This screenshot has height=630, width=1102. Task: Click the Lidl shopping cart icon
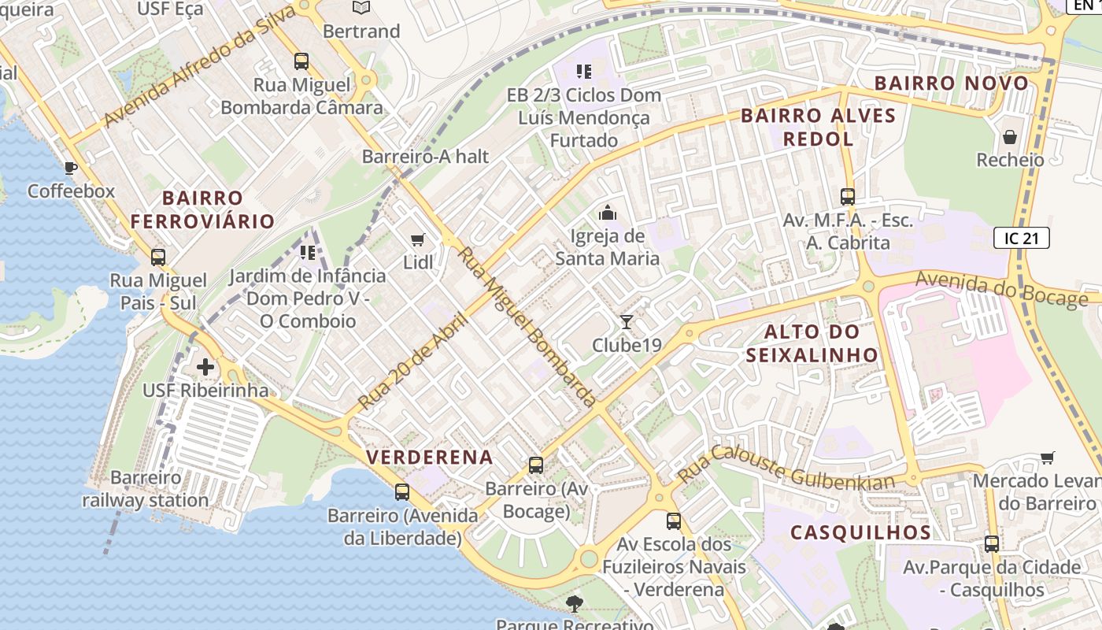coord(418,239)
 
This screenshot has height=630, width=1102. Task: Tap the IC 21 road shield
coord(1021,238)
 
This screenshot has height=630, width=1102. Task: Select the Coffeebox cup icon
coord(71,168)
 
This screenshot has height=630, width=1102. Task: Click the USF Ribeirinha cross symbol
coord(205,367)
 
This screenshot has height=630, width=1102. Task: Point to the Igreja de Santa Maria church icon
coord(607,213)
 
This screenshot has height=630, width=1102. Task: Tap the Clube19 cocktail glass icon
coord(626,321)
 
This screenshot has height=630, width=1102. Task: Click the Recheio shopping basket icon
coord(1009,138)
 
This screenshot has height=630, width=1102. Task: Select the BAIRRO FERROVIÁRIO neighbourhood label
coord(202,209)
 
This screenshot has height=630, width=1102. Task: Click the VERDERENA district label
coord(430,457)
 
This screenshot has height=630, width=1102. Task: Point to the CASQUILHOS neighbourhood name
coord(860,532)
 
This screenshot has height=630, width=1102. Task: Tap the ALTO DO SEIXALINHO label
coord(812,343)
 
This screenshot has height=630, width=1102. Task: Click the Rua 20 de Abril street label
coord(412,361)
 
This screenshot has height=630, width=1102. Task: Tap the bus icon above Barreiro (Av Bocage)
coord(536,465)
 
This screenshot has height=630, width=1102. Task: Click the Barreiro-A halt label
coord(425,156)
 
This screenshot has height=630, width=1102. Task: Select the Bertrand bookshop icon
coord(361,8)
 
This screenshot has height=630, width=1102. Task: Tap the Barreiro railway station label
coord(146,488)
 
